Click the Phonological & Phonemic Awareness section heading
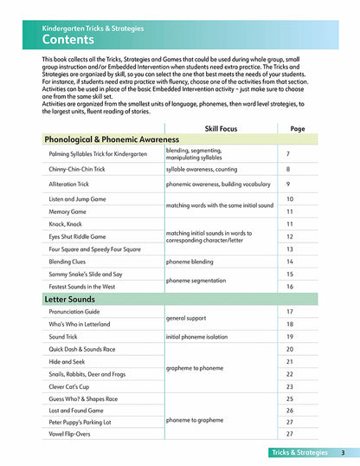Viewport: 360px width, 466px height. [112, 139]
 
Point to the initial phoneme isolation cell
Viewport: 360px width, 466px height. [200, 336]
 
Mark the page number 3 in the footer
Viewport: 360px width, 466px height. [344, 453]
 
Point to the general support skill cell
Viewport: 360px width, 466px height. [190, 318]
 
